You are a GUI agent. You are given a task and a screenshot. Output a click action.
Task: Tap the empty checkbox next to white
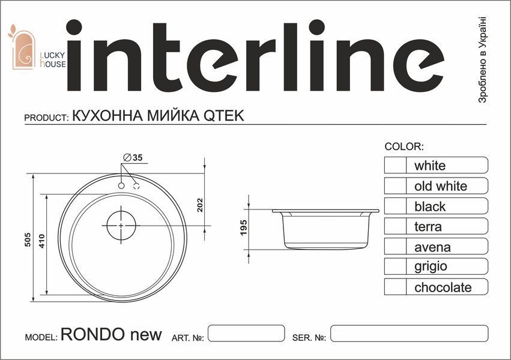pyautogui.click(x=395, y=165)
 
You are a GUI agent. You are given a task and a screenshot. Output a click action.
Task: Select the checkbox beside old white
pyautogui.click(x=395, y=185)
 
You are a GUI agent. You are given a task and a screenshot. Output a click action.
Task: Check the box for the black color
pyautogui.click(x=395, y=206)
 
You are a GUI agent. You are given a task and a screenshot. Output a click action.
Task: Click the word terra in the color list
pyautogui.click(x=428, y=227)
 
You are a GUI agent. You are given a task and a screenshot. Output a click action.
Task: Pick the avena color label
pyautogui.click(x=432, y=247)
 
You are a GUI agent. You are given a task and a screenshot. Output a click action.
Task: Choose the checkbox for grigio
pyautogui.click(x=395, y=266)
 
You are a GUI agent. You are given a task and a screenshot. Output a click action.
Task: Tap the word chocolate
pyautogui.click(x=443, y=287)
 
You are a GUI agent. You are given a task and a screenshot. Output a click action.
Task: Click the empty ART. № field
pyautogui.click(x=246, y=334)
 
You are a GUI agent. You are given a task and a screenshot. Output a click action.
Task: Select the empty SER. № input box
pyautogui.click(x=409, y=334)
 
